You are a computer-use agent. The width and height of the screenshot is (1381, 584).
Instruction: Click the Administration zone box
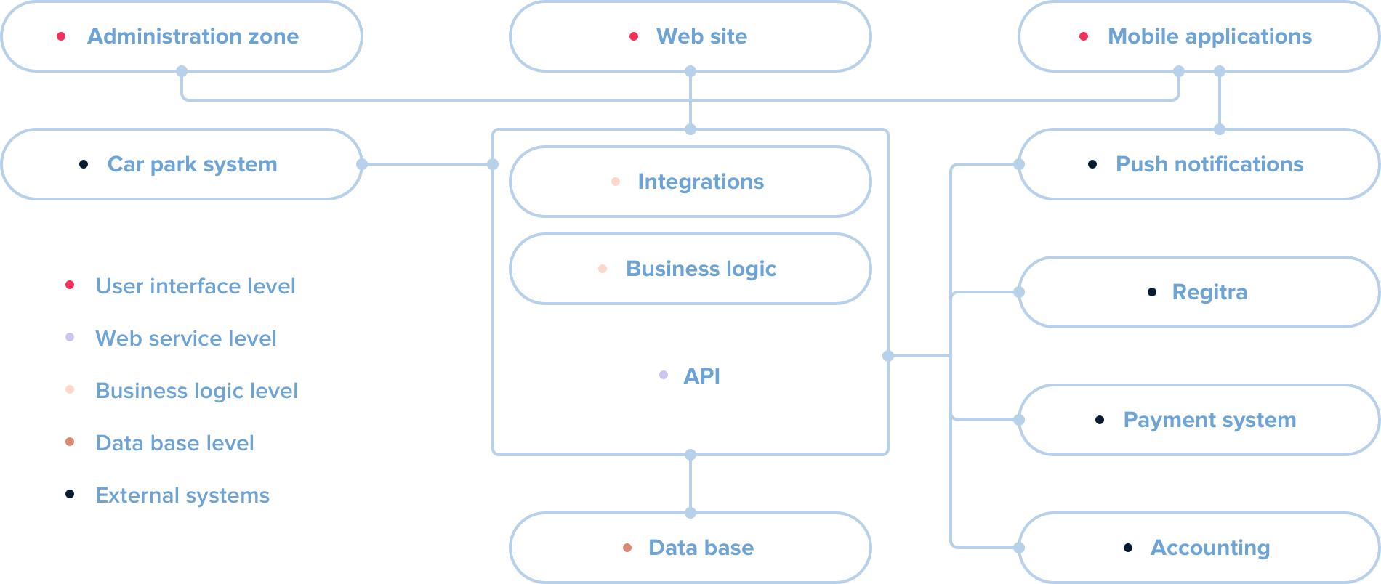tap(182, 36)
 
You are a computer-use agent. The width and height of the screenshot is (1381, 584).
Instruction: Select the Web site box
tap(690, 36)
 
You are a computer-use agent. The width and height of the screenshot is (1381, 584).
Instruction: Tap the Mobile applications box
tap(1199, 36)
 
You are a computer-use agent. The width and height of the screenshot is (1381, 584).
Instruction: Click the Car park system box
tap(182, 164)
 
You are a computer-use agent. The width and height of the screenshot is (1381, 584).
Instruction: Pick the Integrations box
tap(690, 182)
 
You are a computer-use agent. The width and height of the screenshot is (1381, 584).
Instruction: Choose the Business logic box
tap(690, 269)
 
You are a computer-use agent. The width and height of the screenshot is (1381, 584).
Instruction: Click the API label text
tap(701, 376)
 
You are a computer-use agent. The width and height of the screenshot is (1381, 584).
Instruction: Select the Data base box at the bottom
tap(690, 548)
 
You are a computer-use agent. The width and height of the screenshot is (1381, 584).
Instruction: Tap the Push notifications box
tap(1199, 164)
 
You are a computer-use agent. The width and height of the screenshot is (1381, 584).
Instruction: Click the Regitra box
tap(1199, 292)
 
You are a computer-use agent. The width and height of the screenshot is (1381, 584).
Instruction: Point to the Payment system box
tap(1199, 420)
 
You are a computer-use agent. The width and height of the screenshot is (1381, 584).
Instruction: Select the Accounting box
tap(1199, 548)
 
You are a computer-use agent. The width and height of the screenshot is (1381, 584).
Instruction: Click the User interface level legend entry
tap(195, 286)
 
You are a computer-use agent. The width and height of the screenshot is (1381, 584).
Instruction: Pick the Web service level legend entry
tap(185, 338)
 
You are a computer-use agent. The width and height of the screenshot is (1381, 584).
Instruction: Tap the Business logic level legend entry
tap(196, 391)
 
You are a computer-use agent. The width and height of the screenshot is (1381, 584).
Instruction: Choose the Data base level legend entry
tap(174, 443)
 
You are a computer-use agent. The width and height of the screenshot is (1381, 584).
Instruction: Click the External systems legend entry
tap(182, 495)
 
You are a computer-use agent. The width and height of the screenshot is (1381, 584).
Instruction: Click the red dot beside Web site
tap(634, 36)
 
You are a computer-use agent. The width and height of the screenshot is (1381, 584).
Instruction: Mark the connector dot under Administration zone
tap(182, 71)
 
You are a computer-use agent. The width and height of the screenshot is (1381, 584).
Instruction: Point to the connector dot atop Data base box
tap(690, 513)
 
